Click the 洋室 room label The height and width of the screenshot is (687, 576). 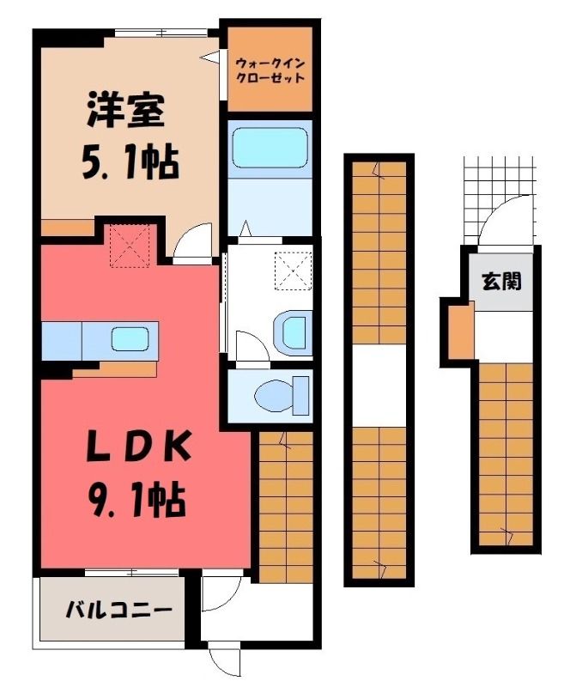coord(125,110)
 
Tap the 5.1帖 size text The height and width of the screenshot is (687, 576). coord(130,163)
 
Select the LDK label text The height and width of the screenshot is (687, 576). coord(139,446)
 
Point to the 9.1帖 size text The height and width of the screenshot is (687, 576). coord(136,500)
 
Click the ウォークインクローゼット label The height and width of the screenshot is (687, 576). coord(270,70)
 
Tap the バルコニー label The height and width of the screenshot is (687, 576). coord(118,610)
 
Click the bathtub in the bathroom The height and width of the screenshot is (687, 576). coord(270,147)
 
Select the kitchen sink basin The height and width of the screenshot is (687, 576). coord(130,339)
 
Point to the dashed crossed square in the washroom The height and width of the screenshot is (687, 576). coord(293,271)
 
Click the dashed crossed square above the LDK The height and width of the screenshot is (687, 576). coord(130,246)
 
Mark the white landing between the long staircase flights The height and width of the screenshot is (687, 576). coord(379,386)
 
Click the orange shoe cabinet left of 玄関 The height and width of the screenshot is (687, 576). coord(461,331)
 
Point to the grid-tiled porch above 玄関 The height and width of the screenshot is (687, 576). coord(500,198)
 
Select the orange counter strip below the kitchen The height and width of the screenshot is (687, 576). coord(115,370)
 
